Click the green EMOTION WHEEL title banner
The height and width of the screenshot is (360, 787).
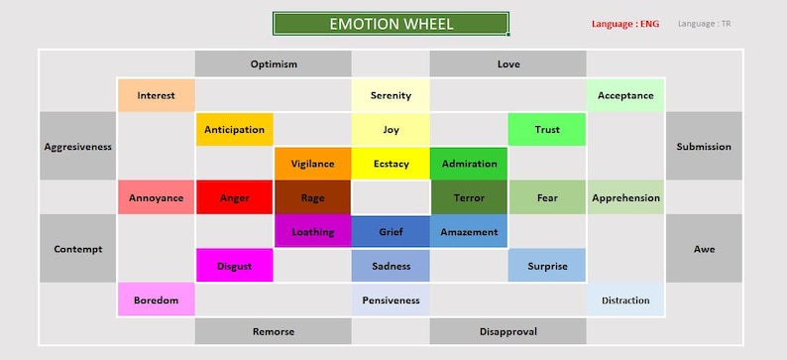pos(391,24)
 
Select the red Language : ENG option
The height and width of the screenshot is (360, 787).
pos(624,23)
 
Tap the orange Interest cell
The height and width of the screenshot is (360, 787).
pos(156,95)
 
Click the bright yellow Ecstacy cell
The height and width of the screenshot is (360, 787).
pos(391,164)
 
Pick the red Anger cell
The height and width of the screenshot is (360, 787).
pos(234,197)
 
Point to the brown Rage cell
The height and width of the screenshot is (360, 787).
pos(312,197)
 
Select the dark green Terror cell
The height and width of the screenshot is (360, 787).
pos(469,197)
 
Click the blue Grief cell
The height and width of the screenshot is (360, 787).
pos(391,231)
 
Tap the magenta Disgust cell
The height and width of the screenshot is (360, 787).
pos(234,265)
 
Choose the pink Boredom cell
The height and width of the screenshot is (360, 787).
pos(156,300)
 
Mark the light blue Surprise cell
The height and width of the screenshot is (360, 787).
pos(547,265)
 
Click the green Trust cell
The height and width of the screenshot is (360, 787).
pos(547,129)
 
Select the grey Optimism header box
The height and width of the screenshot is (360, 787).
pos(273,63)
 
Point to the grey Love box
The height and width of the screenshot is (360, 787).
pos(507,63)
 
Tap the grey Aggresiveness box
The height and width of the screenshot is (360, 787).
pos(78,146)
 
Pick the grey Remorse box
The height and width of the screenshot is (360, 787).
pos(273,331)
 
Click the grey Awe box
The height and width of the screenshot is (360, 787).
pos(704,249)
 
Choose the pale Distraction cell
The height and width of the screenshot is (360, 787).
pos(625,300)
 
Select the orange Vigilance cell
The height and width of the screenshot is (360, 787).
pos(312,164)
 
